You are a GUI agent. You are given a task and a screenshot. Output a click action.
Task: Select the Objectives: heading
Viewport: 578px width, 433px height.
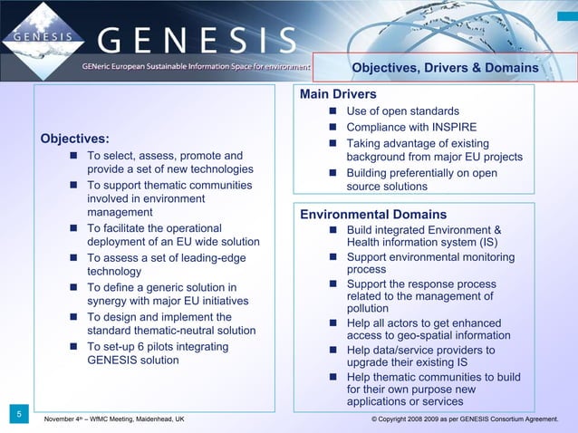74,139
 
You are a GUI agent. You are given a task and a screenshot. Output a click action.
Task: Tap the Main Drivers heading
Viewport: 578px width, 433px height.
338,94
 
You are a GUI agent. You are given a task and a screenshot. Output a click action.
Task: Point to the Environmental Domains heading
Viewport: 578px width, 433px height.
373,215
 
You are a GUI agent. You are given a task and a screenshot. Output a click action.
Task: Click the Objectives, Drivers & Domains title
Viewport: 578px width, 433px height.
444,68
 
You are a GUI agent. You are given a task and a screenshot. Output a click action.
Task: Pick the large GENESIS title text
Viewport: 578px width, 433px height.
197,40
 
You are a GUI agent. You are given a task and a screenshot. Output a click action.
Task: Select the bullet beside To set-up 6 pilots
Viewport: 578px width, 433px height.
73,347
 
